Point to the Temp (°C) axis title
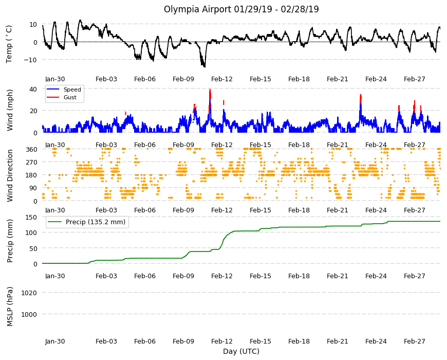tap(9, 44)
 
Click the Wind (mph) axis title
tap(10, 110)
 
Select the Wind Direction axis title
tap(10, 175)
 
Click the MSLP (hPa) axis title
tap(10, 307)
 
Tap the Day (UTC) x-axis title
tap(241, 351)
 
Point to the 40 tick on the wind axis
tap(33, 89)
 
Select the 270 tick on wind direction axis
tap(31, 163)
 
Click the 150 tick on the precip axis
tap(31, 217)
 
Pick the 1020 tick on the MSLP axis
tap(29, 293)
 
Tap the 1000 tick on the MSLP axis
tap(29, 314)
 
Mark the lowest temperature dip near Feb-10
tap(204, 66)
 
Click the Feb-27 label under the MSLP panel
tap(414, 341)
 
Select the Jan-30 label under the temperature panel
tap(55, 79)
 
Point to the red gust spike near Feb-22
tap(361, 99)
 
